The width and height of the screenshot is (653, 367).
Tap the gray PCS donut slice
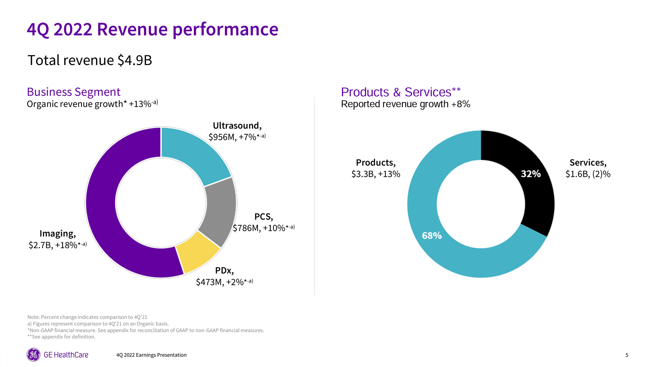pos(219,211)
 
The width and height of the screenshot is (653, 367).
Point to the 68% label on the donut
pos(432,235)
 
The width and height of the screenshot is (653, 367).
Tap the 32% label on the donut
pos(531,174)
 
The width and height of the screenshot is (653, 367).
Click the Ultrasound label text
pos(237,126)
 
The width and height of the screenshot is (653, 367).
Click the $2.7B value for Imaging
pos(40,245)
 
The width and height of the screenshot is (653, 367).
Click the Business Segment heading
pos(73,92)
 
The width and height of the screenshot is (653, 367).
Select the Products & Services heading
pos(401,92)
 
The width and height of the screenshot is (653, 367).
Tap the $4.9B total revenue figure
pos(135,60)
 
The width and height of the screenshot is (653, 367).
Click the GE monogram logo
pos(33,355)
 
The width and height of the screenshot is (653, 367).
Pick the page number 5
pos(627,355)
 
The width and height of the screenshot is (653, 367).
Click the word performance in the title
pos(225,29)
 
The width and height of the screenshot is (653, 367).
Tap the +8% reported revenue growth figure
pos(461,104)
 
